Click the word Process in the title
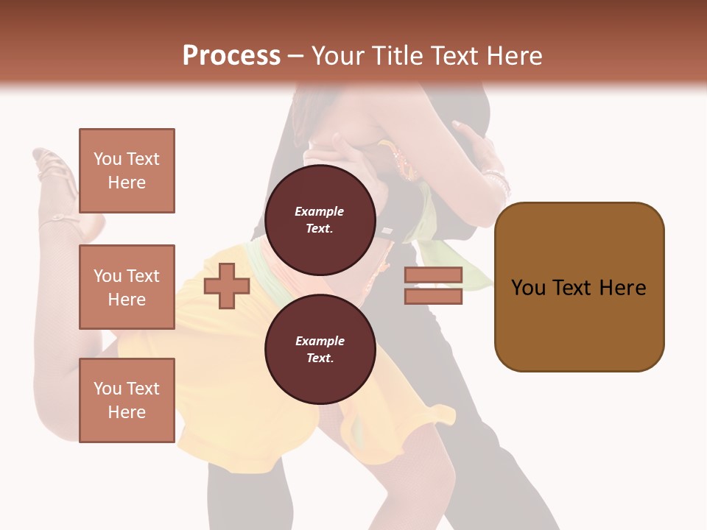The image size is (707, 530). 231,56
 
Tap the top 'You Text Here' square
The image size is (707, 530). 127,171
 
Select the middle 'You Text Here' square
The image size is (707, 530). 127,287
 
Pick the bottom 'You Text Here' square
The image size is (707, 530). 127,400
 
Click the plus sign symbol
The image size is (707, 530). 227,286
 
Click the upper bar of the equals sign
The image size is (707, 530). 433,275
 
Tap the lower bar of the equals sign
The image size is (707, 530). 433,297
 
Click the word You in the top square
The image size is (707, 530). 107,159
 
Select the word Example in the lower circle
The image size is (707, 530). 320,341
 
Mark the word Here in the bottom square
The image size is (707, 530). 127,412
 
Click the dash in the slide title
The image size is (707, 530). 295,57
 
